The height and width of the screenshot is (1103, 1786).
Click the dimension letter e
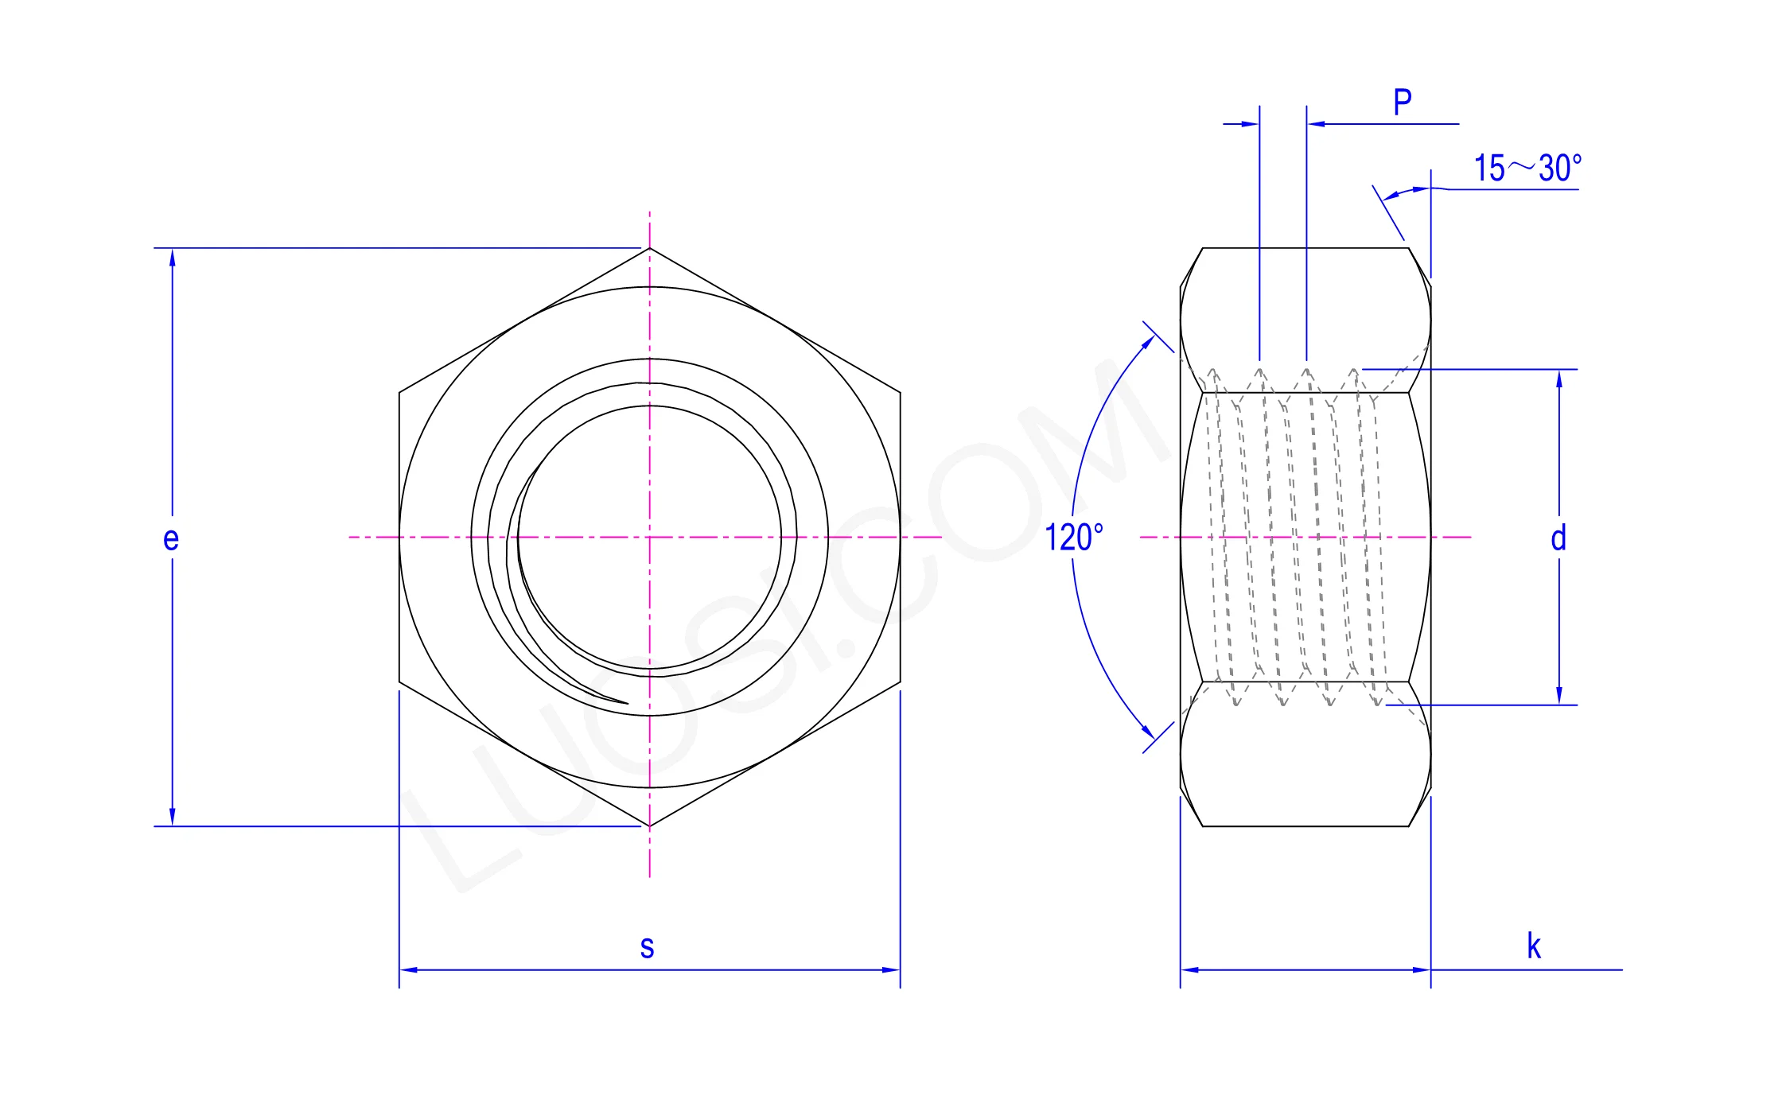[171, 539]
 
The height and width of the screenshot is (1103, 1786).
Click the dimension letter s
[647, 947]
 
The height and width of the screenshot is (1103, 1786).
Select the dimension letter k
[1533, 946]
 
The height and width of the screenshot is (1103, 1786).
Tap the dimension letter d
[1558, 538]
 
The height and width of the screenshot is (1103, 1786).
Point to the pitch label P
[1403, 102]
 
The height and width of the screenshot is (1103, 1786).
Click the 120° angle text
[1073, 538]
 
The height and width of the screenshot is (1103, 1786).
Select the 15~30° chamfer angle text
[1527, 168]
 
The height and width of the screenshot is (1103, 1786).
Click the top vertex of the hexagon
[650, 248]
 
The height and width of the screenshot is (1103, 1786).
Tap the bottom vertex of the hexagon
[650, 826]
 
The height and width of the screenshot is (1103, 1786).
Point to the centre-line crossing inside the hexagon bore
[650, 538]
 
